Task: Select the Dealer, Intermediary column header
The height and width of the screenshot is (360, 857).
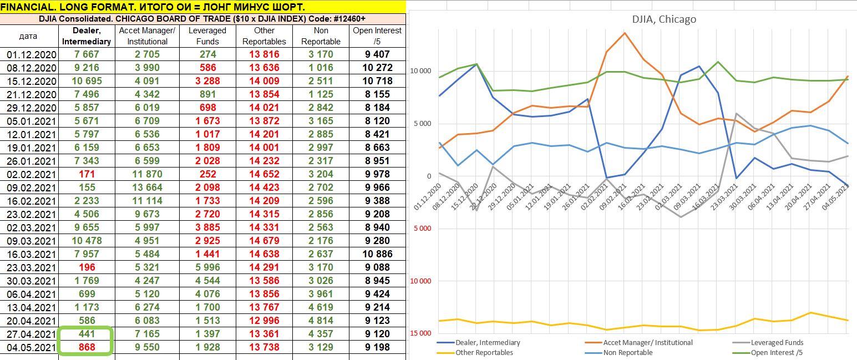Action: tap(87, 36)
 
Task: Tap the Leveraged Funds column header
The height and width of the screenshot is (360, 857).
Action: tap(207, 36)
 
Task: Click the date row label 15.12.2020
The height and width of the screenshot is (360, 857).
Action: tap(32, 81)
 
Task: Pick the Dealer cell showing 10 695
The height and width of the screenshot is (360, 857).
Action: tap(87, 81)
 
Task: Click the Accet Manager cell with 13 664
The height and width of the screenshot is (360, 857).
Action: tap(147, 187)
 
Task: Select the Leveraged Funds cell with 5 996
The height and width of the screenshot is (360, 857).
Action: tap(207, 267)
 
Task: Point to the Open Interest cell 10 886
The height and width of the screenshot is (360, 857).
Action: tap(377, 254)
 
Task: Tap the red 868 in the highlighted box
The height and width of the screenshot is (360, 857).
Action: tap(87, 347)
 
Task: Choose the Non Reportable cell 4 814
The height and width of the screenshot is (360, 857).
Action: tap(321, 321)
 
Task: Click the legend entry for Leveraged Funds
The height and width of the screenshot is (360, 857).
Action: tap(777, 343)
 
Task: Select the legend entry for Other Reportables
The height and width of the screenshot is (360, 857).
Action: tap(484, 352)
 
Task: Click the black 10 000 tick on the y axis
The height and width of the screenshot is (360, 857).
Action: tap(420, 71)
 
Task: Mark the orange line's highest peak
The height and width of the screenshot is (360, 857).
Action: tap(625, 33)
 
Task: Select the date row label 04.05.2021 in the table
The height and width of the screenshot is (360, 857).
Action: tap(32, 347)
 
